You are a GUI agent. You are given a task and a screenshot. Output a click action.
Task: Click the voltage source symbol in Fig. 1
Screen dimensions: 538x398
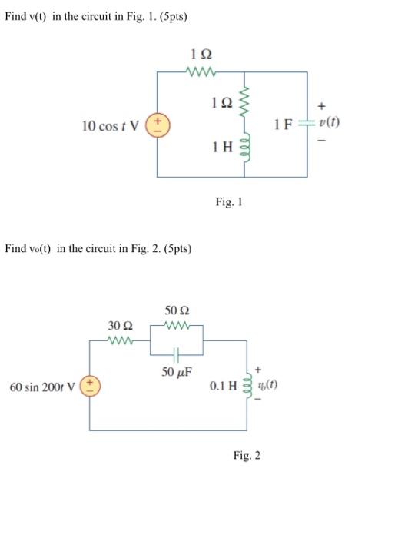158,125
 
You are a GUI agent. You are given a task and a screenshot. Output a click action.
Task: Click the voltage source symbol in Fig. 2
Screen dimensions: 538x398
91,384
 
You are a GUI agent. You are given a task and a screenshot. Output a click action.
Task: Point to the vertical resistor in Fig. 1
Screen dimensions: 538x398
246,101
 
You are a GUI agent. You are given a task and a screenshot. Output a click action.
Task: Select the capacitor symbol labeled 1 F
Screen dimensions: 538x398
307,125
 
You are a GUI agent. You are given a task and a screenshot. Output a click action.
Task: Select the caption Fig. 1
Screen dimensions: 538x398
229,202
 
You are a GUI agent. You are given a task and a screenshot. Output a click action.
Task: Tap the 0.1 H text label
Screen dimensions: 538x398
222,385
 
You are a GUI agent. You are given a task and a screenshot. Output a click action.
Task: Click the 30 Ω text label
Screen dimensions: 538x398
121,327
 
